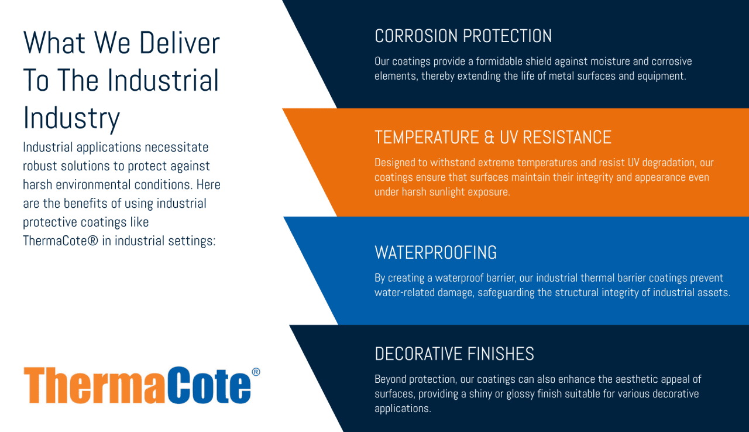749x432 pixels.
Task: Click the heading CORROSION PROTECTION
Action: pyautogui.click(x=463, y=36)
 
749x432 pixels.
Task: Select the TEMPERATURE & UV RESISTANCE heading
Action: pyautogui.click(x=493, y=138)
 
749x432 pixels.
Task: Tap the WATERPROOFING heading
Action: pyautogui.click(x=436, y=252)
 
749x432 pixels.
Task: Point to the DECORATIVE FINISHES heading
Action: pyautogui.click(x=455, y=354)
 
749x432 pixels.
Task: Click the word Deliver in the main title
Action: pyautogui.click(x=180, y=43)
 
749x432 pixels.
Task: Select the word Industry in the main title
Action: pyautogui.click(x=71, y=119)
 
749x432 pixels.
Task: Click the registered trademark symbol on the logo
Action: pyautogui.click(x=256, y=372)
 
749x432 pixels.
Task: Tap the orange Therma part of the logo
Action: pyautogui.click(x=94, y=385)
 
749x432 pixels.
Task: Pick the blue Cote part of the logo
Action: pyautogui.click(x=209, y=385)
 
